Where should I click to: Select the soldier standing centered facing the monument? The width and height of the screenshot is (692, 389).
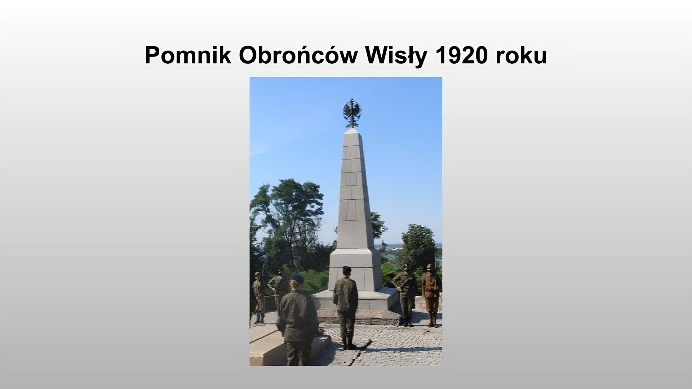pyautogui.click(x=346, y=306)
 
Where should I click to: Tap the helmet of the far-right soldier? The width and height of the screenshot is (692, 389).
pyautogui.click(x=430, y=267)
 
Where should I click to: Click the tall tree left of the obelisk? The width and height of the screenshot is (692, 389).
pyautogui.click(x=288, y=216)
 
